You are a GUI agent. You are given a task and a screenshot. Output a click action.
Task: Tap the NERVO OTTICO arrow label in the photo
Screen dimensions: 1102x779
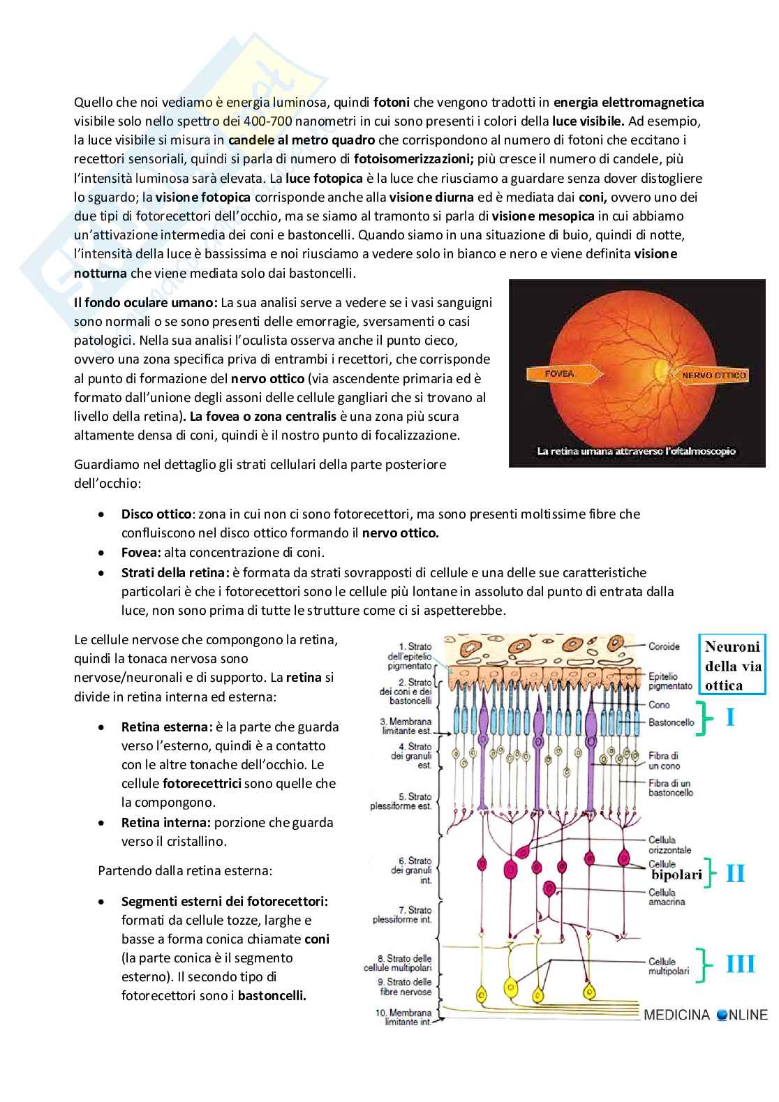(713, 375)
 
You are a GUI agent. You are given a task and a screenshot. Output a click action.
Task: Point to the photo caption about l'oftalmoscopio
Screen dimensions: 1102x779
(636, 451)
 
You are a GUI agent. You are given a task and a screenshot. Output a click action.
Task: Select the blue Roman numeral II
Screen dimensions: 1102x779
(736, 873)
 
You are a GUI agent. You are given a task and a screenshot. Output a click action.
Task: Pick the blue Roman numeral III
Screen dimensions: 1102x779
(740, 964)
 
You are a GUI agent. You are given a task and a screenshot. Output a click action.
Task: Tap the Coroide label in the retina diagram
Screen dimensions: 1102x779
(664, 646)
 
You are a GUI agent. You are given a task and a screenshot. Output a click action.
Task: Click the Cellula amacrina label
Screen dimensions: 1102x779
(666, 897)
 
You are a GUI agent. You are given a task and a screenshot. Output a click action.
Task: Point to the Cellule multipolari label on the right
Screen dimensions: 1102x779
(669, 966)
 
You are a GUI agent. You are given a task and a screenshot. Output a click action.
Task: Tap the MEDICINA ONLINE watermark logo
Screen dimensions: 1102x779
(705, 1014)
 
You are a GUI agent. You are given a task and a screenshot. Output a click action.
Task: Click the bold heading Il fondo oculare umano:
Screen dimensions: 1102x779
(146, 303)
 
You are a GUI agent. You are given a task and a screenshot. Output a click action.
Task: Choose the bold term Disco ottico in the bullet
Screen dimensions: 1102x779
(156, 514)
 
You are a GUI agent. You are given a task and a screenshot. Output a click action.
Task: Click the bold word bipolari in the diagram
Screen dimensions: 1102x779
(676, 874)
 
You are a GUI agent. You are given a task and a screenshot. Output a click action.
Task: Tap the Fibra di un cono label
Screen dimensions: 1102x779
(664, 761)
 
